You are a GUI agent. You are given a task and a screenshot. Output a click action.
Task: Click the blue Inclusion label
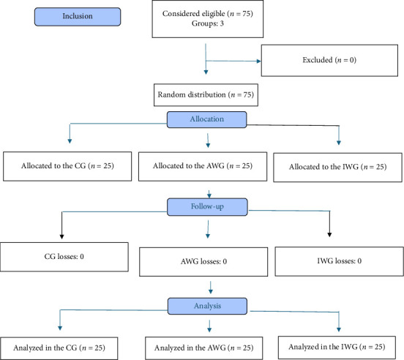coord(78,17)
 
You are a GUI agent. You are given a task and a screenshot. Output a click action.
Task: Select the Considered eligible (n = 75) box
coord(208,19)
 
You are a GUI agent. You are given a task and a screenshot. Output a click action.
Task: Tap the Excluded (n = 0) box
coord(329,61)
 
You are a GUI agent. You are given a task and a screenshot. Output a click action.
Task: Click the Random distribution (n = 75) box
coord(206,95)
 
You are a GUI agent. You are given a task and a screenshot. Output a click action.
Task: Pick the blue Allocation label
coord(207,119)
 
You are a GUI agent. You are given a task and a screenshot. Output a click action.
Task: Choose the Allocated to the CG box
coord(67,166)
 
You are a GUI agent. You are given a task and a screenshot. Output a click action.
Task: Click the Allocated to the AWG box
coord(203,167)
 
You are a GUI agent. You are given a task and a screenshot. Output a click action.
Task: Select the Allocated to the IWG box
coord(338,168)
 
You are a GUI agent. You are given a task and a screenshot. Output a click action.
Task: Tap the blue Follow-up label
coord(207,207)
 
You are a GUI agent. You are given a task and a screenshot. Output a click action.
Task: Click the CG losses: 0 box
coord(64,257)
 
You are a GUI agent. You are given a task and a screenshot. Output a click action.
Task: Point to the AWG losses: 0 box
coord(203,262)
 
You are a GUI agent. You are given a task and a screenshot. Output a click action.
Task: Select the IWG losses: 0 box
coord(340,261)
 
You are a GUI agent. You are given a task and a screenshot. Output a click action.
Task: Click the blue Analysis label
coord(207,306)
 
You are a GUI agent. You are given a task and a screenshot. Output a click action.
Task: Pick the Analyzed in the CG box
coord(59,348)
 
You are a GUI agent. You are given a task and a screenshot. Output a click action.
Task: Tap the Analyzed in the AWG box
coord(203,348)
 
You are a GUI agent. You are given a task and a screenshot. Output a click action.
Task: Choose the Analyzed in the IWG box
coord(337,348)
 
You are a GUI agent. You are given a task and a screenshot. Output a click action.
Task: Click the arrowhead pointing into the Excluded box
coord(259,61)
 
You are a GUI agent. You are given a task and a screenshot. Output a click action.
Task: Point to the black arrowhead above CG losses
coord(61,236)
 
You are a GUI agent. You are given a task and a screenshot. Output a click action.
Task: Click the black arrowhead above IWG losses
coord(329,235)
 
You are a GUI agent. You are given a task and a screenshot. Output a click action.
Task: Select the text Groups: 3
coord(208,23)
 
